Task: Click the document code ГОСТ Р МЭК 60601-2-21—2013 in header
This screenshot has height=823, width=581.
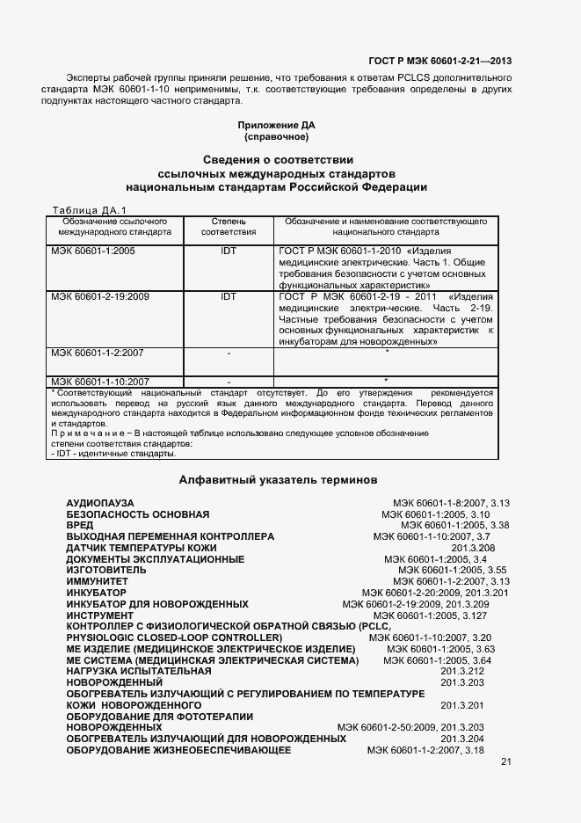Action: [439, 61]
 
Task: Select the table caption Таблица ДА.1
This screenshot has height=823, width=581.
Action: [91, 210]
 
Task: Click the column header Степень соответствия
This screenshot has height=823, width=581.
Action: [229, 227]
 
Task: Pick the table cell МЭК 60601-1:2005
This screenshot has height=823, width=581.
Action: [93, 251]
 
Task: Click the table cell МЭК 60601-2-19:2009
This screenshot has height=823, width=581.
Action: [99, 297]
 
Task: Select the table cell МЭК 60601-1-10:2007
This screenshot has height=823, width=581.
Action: [99, 381]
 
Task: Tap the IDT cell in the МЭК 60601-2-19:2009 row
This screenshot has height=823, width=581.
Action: [229, 297]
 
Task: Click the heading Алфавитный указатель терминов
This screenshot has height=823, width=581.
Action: [278, 480]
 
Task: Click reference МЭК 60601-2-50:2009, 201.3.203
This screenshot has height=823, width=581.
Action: [410, 728]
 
